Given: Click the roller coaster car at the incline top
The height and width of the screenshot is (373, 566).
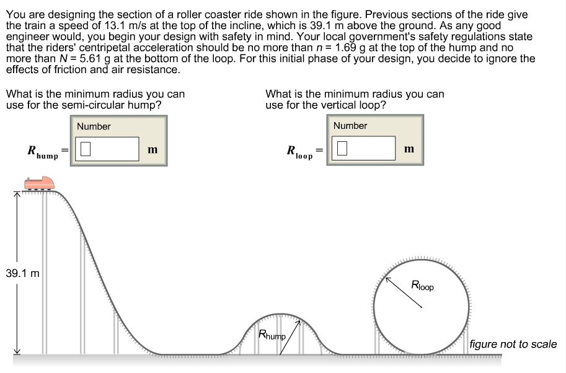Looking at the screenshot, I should point(38,183).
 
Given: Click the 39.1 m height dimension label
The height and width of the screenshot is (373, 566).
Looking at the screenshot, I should point(22,273).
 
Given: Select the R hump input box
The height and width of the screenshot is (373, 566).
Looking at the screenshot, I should point(107,149).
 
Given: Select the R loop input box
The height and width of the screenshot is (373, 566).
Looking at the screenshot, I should point(364,148).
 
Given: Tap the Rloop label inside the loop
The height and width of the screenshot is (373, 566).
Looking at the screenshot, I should point(422,286).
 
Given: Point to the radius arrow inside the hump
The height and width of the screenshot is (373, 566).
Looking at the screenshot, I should point(290,337).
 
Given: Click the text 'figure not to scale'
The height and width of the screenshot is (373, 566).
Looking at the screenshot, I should point(513,344).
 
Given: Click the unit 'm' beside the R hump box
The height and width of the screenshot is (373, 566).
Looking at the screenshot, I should point(153,149).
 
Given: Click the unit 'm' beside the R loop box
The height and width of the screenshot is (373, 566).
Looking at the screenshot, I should point(409,149).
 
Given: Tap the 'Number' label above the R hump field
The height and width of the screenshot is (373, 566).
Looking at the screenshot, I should point(94,126).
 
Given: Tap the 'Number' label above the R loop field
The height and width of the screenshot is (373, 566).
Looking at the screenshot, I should point(350,126).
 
